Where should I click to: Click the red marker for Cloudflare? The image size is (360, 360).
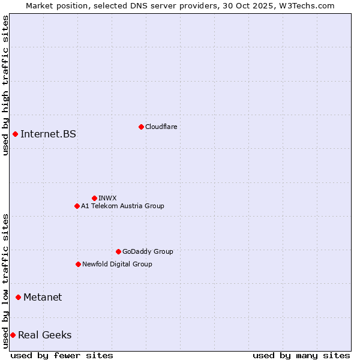[x=141, y=127]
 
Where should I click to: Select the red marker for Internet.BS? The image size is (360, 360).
[x=15, y=134]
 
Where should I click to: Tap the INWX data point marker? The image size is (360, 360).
[x=94, y=198]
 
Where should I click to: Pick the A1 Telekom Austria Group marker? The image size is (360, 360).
[x=77, y=206]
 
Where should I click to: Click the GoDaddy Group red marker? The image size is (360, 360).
[x=118, y=251]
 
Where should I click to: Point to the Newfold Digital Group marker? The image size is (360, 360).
[x=78, y=264]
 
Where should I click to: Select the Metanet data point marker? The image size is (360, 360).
[x=18, y=297]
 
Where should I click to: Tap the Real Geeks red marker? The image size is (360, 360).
[x=13, y=335]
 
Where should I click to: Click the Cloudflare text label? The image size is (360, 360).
[x=161, y=127]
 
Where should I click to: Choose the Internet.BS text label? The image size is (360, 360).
[x=48, y=134]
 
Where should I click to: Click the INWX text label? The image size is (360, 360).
[x=107, y=198]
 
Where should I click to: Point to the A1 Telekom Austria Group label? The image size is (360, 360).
[x=122, y=206]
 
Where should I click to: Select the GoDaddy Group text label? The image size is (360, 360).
[x=148, y=251]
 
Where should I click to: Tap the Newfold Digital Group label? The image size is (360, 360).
[x=117, y=264]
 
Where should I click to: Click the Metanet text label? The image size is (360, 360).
[x=43, y=297]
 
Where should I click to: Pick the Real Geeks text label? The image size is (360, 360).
[x=44, y=335]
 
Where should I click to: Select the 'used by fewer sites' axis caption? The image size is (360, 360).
[x=62, y=355]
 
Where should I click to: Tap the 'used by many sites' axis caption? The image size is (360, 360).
[x=301, y=355]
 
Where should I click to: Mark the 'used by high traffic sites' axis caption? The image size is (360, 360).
[x=5, y=85]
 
